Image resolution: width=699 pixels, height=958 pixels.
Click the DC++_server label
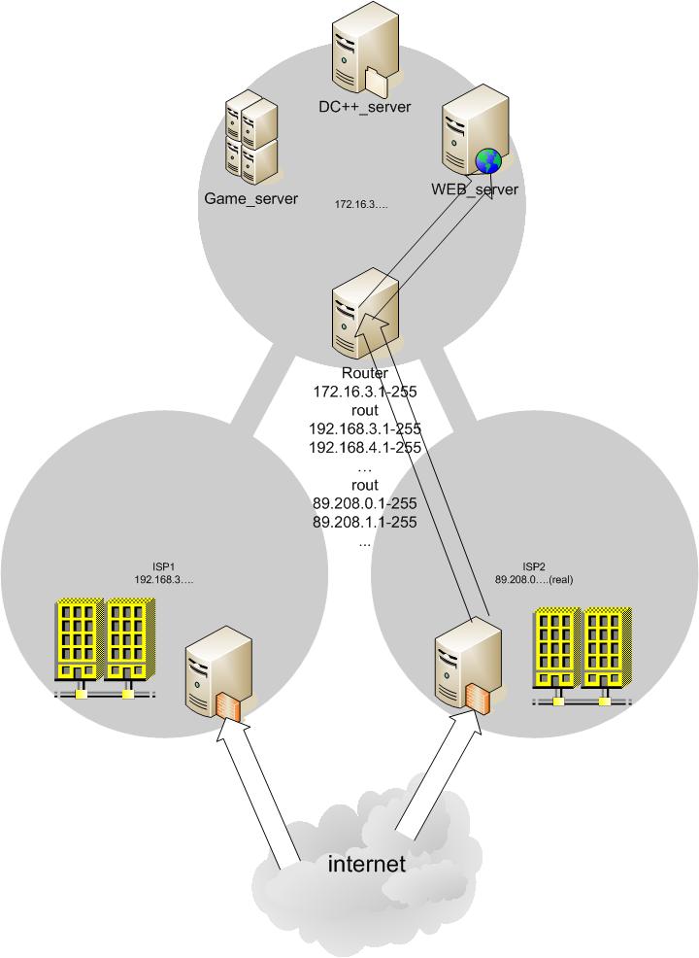pyautogui.click(x=365, y=107)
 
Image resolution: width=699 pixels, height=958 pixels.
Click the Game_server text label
pyautogui.click(x=251, y=199)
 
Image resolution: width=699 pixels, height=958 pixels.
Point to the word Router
pyautogui.click(x=365, y=373)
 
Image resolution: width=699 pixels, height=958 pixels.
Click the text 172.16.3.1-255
pyautogui.click(x=365, y=392)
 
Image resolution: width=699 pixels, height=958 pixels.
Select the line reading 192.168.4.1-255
pyautogui.click(x=365, y=448)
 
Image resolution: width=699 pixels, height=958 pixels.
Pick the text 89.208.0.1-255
pyautogui.click(x=365, y=504)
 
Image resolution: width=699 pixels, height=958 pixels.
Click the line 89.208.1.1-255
pyautogui.click(x=365, y=523)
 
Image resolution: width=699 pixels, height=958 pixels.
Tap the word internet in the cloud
pyautogui.click(x=366, y=864)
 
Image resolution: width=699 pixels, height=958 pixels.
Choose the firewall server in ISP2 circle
pyautogui.click(x=466, y=667)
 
